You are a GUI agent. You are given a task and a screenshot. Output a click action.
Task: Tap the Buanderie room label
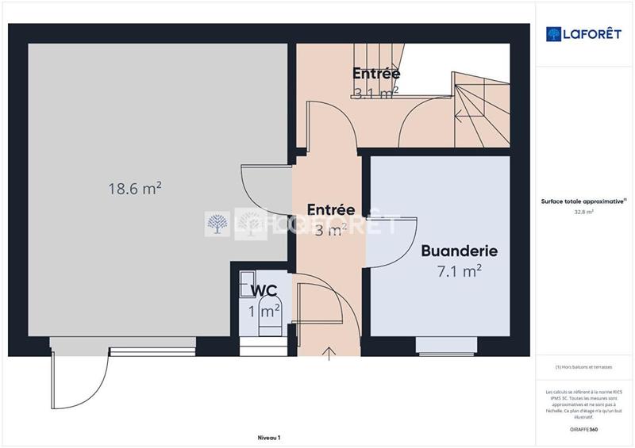click(459, 251)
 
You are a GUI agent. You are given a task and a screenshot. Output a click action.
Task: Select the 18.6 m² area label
click(135, 188)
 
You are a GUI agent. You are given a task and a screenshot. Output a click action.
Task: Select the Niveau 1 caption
click(269, 437)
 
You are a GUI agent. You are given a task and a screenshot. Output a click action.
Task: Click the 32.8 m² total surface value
click(585, 212)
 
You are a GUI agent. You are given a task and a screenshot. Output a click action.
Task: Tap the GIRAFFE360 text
click(585, 429)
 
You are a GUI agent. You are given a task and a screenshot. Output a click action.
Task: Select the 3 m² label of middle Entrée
click(331, 231)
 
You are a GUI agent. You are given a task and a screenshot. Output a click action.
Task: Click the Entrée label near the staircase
click(376, 74)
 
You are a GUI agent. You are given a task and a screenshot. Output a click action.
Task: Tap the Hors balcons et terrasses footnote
click(585, 366)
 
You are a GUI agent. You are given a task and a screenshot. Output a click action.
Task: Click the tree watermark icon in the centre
click(217, 224)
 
